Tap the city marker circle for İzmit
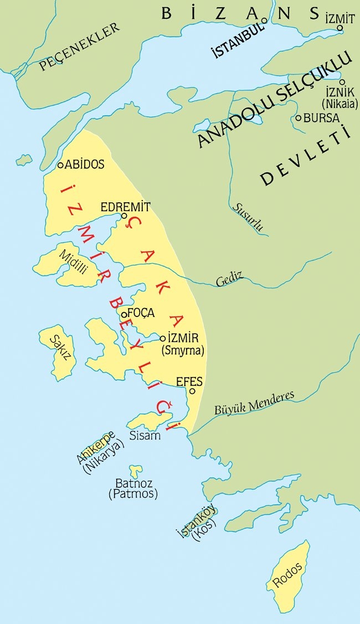click(x=340, y=28)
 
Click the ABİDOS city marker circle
click(x=61, y=165)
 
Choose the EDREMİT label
click(x=126, y=207)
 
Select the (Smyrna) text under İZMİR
click(x=182, y=350)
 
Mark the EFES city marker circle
click(x=192, y=391)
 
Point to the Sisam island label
click(x=145, y=436)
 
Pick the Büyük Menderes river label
click(x=254, y=403)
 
